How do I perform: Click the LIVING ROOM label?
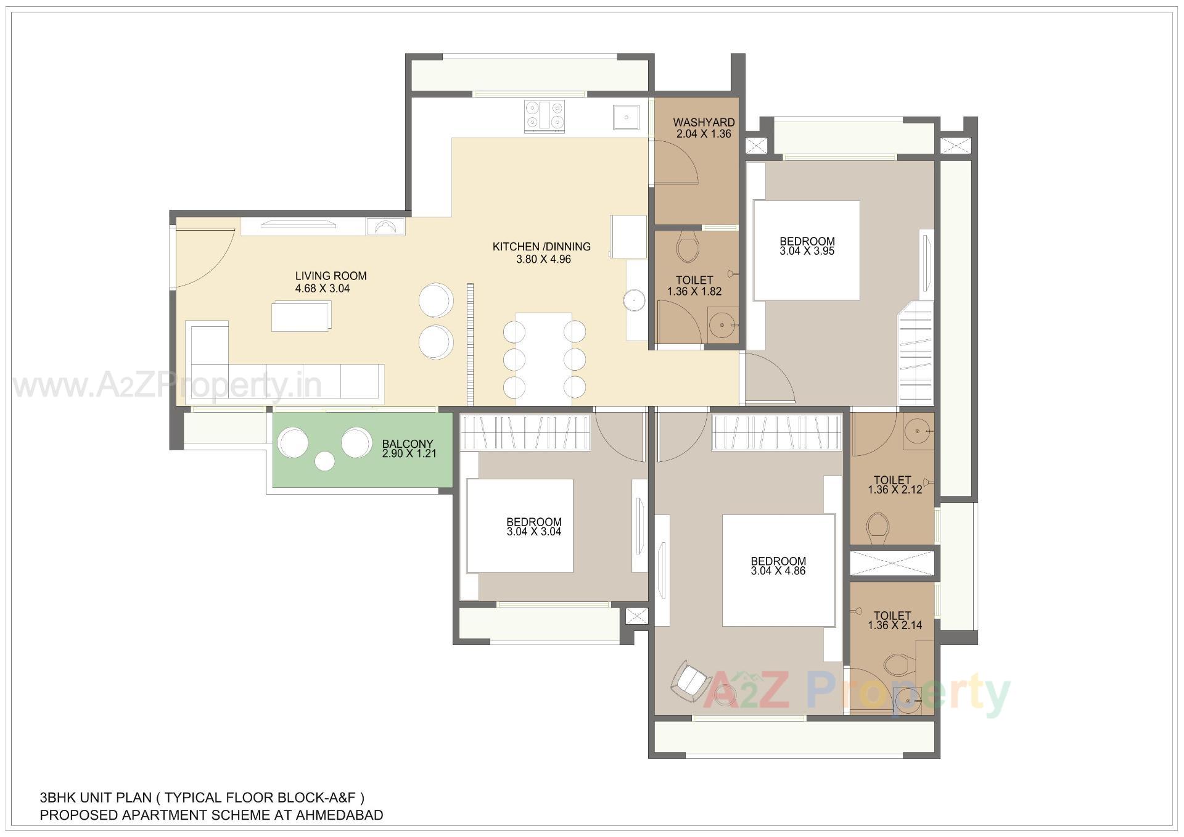click(331, 276)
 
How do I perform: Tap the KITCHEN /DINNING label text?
click(541, 247)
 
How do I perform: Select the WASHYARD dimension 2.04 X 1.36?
click(703, 134)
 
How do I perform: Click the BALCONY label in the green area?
click(407, 444)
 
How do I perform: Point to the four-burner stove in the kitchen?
click(545, 116)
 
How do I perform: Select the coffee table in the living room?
click(302, 316)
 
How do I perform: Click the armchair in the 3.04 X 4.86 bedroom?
click(691, 682)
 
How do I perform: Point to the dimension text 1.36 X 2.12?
click(894, 490)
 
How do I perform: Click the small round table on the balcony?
click(324, 461)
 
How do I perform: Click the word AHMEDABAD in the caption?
click(339, 815)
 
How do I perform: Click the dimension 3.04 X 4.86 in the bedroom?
click(778, 571)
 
